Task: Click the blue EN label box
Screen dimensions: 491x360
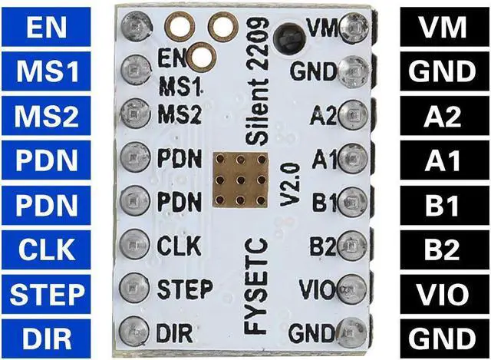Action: (44, 28)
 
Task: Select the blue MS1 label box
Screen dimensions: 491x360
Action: (44, 72)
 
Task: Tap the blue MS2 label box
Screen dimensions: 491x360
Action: (44, 117)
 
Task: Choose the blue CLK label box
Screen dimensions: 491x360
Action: (44, 249)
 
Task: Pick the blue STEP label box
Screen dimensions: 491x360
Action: (44, 294)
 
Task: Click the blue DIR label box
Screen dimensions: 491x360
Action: (44, 338)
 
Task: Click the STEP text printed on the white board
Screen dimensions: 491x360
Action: (183, 289)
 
